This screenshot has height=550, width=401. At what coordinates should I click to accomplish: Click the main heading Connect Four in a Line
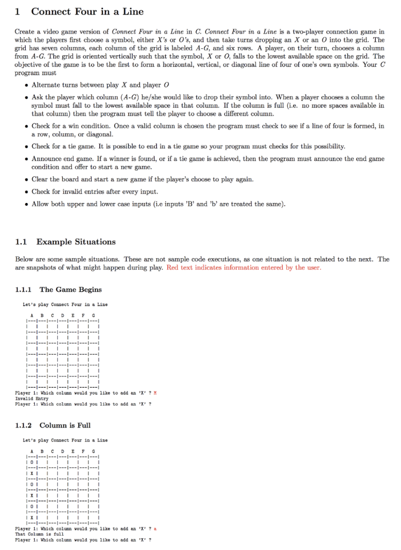point(87,11)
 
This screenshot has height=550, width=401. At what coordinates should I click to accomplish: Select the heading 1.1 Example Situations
point(76,242)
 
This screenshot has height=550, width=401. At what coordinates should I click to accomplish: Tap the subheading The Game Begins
point(70,290)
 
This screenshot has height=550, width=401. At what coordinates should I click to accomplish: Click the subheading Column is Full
point(65,425)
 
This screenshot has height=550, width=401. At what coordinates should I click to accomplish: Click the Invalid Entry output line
point(32,399)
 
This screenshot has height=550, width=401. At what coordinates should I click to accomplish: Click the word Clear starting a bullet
point(41,179)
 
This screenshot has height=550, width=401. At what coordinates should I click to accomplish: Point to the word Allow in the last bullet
point(41,204)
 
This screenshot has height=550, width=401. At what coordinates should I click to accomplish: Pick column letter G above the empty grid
point(93,315)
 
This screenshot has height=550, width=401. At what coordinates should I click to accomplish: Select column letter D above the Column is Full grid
point(63,451)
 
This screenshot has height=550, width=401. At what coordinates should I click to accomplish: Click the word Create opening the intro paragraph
point(25,32)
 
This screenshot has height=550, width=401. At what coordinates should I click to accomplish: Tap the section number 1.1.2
point(24,425)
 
